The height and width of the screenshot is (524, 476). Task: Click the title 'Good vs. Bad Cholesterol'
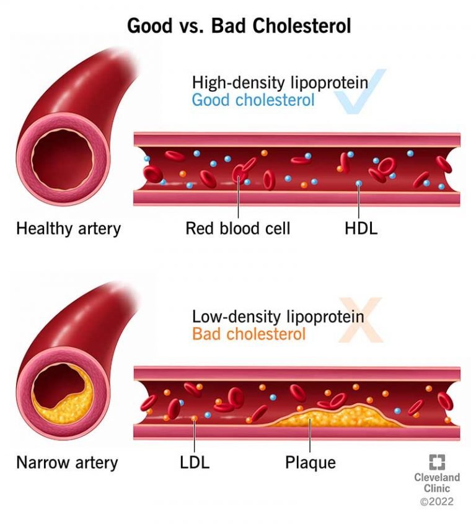[x=239, y=26]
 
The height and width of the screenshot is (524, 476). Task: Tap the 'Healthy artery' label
[x=68, y=229]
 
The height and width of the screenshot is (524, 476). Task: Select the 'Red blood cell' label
[x=238, y=229]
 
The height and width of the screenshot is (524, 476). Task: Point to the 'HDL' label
[x=360, y=229]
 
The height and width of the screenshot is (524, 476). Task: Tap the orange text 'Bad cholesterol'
[x=249, y=334]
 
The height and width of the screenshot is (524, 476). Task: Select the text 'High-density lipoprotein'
[x=280, y=82]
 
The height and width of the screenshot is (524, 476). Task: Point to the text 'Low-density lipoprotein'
[x=278, y=317]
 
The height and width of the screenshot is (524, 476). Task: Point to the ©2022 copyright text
[x=437, y=502]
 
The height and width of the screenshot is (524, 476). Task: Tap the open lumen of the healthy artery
[x=62, y=159]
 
